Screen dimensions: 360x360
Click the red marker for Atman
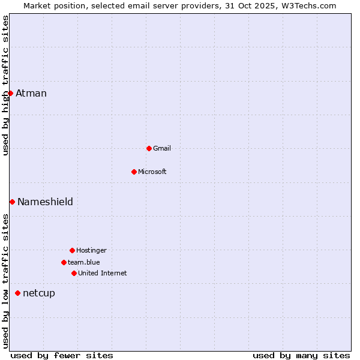pos(10,93)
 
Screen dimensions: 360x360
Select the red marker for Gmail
pos(149,148)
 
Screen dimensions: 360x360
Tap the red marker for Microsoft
pos(134,172)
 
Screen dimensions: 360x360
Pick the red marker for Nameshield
pos(12,202)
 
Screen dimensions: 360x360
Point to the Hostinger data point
pos(72,250)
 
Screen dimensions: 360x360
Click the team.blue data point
pos(64,262)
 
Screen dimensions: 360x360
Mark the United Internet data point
pos(74,273)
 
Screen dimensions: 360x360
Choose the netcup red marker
pos(17,293)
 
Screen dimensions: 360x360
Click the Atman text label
pos(31,93)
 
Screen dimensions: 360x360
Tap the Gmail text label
pos(162,148)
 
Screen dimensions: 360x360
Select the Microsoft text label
pos(152,172)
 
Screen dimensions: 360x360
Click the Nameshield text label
pos(45,202)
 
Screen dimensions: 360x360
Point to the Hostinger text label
pos(91,250)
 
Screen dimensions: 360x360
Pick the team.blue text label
pos(84,262)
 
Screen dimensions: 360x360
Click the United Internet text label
pos(103,273)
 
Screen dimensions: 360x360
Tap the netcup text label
pos(39,293)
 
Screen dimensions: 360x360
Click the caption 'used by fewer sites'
pos(62,355)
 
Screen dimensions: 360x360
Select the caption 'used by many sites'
pos(301,355)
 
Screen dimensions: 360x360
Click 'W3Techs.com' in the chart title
pos(310,5)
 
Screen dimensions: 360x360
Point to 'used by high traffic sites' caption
pos(5,85)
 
